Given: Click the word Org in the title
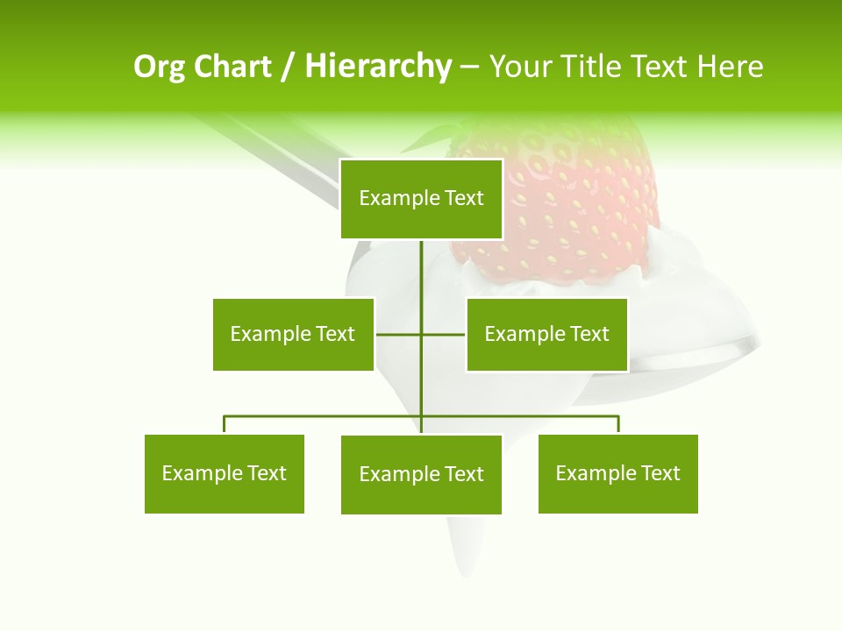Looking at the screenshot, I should pyautogui.click(x=159, y=67).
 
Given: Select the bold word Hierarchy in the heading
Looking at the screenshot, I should pyautogui.click(x=378, y=67).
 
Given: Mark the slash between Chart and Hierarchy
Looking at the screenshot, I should pyautogui.click(x=288, y=67).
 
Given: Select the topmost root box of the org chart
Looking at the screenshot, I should pyautogui.click(x=421, y=199).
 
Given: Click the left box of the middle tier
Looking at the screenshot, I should pyautogui.click(x=293, y=334).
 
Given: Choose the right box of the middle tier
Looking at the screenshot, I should pyautogui.click(x=546, y=334).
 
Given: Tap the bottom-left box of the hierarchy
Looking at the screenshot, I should pyautogui.click(x=224, y=473).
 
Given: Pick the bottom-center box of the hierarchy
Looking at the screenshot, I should pyautogui.click(x=421, y=474).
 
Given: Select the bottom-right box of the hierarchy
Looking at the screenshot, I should pyautogui.click(x=617, y=473).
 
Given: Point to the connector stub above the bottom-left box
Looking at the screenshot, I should pyautogui.click(x=225, y=425).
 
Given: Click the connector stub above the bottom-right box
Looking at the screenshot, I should pyautogui.click(x=618, y=425).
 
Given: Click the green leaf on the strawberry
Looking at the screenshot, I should pyautogui.click(x=434, y=136).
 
